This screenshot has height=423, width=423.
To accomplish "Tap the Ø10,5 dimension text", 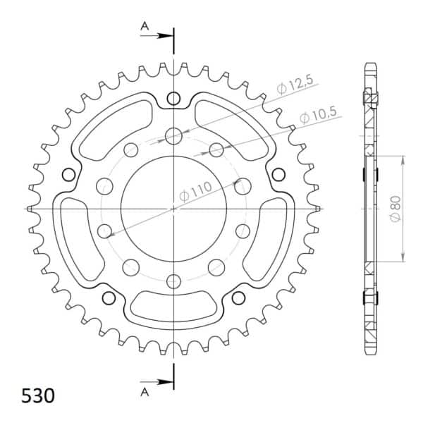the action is pyautogui.click(x=318, y=115).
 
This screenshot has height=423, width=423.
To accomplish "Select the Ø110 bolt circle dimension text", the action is pyautogui.click(x=196, y=191).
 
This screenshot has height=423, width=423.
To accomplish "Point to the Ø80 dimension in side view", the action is pyautogui.click(x=396, y=209).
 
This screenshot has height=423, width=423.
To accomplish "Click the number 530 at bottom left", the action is pyautogui.click(x=38, y=396).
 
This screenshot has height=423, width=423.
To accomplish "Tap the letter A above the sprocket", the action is pyautogui.click(x=145, y=26).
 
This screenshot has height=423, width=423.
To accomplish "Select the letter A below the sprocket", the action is pyautogui.click(x=145, y=392).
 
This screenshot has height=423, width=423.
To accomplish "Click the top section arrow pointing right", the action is pyautogui.click(x=156, y=36).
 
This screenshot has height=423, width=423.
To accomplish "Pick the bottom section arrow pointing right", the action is pyautogui.click(x=156, y=382).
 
